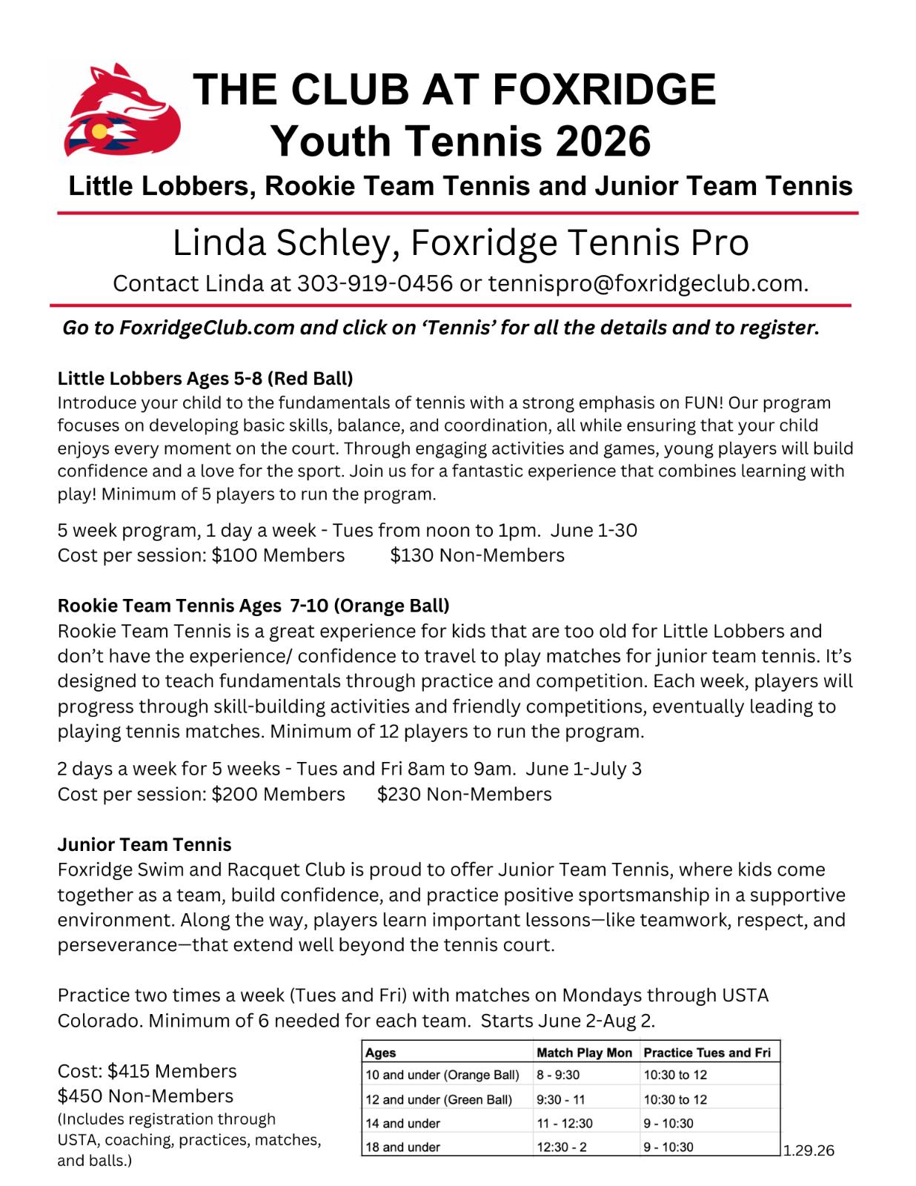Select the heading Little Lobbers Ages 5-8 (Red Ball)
(205, 379)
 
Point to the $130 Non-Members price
(477, 555)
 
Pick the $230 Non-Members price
(464, 795)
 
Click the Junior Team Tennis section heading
(145, 845)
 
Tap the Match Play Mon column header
(584, 1053)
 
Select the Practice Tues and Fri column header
(707, 1053)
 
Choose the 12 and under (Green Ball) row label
(439, 1099)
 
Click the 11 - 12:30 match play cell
(565, 1123)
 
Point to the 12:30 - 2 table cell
(562, 1147)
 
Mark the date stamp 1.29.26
(809, 1150)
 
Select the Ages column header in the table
(381, 1053)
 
